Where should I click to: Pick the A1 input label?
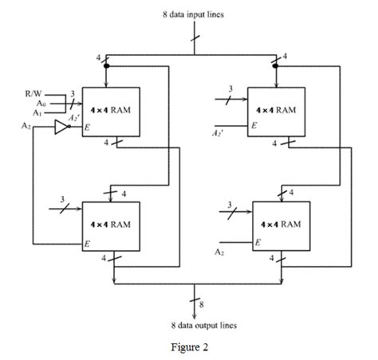click(40, 113)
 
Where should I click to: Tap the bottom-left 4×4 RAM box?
click(115, 225)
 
